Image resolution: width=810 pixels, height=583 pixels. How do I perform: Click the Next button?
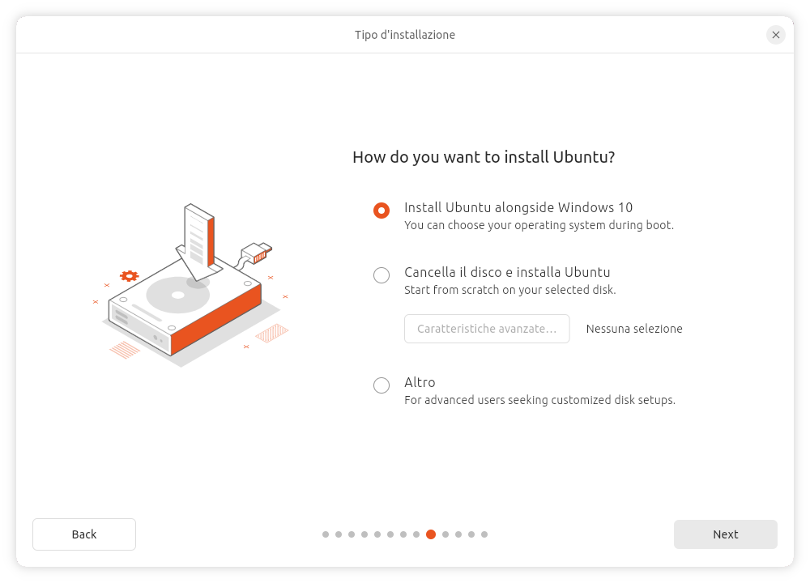725,534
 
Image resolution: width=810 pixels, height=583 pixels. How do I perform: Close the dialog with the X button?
775,35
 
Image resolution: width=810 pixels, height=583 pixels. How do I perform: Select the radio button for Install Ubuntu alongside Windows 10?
382,211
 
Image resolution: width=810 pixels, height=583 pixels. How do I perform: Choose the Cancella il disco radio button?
382,275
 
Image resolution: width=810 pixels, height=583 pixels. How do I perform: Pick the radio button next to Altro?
382,385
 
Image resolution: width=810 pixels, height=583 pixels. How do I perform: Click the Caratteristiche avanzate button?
487,329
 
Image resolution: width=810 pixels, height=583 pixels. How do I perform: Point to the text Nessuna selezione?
634,329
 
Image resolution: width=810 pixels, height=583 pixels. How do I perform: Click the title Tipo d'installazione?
405,35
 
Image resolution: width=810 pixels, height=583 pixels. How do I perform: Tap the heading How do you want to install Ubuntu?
484,157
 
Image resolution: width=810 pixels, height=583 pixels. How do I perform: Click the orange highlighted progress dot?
431,534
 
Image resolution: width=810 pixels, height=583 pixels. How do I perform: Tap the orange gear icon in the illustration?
129,276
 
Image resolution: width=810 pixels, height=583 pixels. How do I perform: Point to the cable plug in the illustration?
256,253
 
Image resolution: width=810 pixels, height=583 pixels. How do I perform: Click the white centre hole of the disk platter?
177,296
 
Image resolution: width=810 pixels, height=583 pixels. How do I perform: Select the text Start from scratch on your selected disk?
509,290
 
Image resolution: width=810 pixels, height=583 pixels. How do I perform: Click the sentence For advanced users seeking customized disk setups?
539,400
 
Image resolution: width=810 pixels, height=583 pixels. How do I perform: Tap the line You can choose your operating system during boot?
539,226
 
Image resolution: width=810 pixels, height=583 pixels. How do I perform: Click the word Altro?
420,383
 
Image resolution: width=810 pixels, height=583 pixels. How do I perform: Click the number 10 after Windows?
625,207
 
